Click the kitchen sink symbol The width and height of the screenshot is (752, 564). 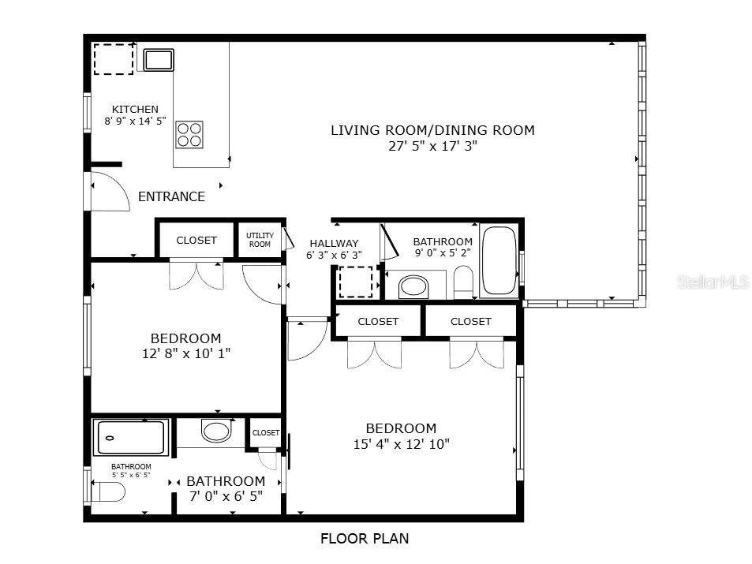pyautogui.click(x=158, y=60)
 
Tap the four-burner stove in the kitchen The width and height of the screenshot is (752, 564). pyautogui.click(x=189, y=134)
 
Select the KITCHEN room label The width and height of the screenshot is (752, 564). pyautogui.click(x=135, y=110)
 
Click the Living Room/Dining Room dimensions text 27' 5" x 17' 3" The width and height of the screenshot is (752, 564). pyautogui.click(x=432, y=146)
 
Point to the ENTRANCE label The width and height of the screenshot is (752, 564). pyautogui.click(x=171, y=197)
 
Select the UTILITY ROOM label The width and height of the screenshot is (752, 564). pyautogui.click(x=260, y=240)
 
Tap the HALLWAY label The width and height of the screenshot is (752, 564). pyautogui.click(x=334, y=244)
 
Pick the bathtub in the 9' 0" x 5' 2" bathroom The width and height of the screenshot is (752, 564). pyautogui.click(x=499, y=260)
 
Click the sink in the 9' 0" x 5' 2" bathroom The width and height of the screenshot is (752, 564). pyautogui.click(x=413, y=286)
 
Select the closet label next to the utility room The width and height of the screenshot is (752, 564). pyautogui.click(x=196, y=241)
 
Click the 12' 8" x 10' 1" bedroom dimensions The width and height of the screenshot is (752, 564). pyautogui.click(x=186, y=354)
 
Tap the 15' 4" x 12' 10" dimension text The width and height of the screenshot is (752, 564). pyautogui.click(x=401, y=444)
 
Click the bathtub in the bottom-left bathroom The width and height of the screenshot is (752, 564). pyautogui.click(x=131, y=438)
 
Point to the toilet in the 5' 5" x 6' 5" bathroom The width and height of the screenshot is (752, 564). pyautogui.click(x=108, y=493)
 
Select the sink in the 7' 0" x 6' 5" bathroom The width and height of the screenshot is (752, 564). pyautogui.click(x=215, y=431)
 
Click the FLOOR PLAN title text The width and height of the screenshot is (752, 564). pyautogui.click(x=365, y=540)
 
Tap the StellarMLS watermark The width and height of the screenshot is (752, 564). pyautogui.click(x=713, y=282)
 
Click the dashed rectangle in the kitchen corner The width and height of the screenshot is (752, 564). pyautogui.click(x=114, y=59)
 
